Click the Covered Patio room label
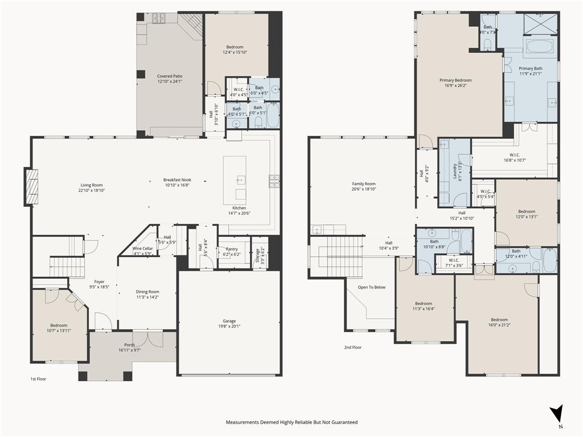[x=170, y=76]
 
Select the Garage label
[x=229, y=321]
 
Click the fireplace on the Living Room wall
[x=31, y=187]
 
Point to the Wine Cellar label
[x=142, y=249]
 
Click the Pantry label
[x=231, y=249]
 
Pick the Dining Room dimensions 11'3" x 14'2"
[x=147, y=297]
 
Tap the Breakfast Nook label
[x=177, y=180]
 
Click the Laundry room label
[x=455, y=172]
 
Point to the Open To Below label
[x=371, y=287]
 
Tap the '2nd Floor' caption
[x=352, y=347]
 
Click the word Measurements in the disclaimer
[x=244, y=422]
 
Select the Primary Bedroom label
[x=455, y=80]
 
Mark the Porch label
[x=129, y=344]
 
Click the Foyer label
[x=99, y=282]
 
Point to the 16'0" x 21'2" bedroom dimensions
[x=499, y=325]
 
